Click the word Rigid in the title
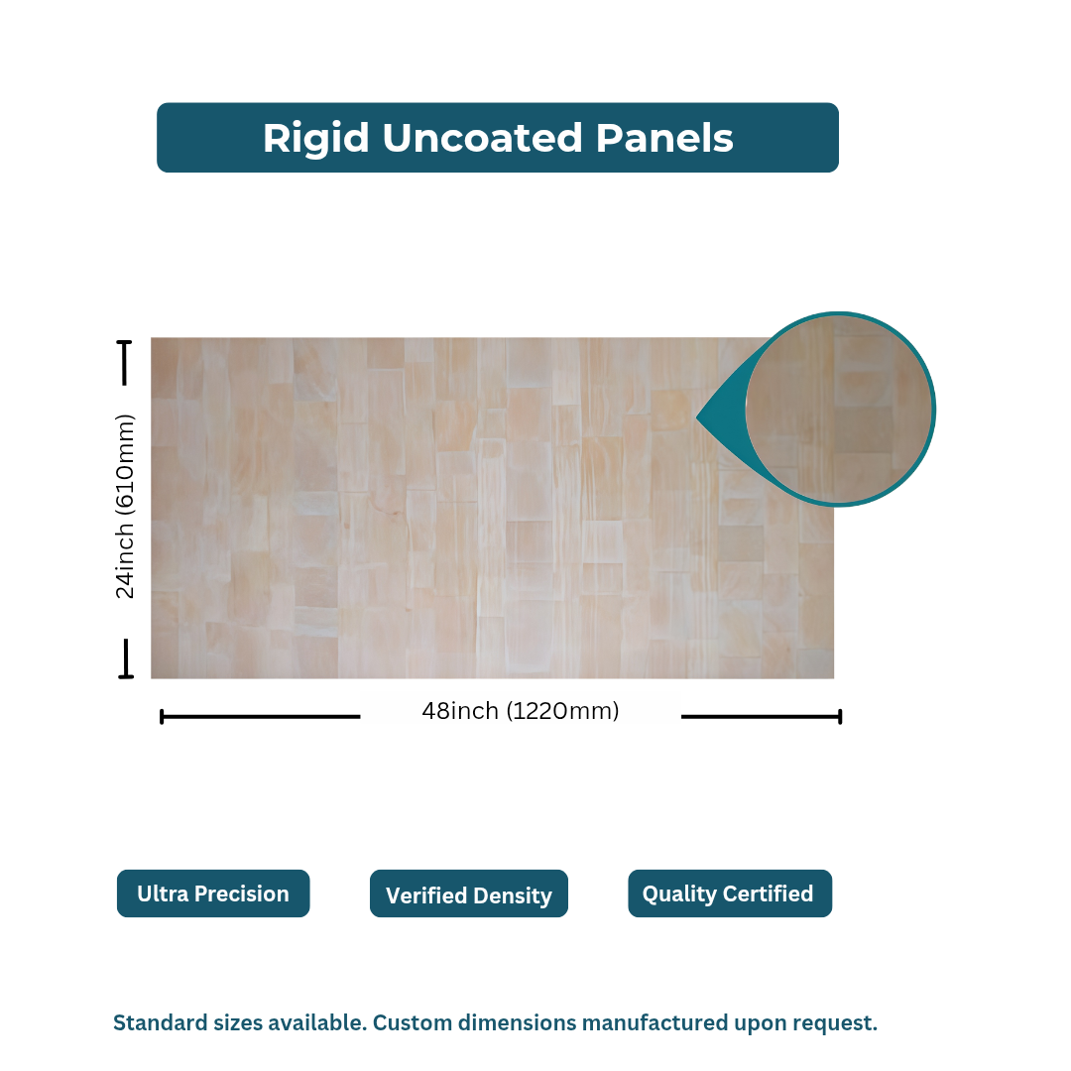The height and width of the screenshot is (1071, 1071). click(x=315, y=139)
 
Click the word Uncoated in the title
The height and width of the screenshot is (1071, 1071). click(x=482, y=139)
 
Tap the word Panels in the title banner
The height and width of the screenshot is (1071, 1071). click(x=663, y=139)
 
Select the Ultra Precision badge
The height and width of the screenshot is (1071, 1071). click(x=213, y=893)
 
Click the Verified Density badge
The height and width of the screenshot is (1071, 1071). click(x=468, y=894)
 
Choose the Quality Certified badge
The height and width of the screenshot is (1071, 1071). click(x=729, y=893)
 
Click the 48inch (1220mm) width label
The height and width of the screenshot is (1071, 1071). click(x=520, y=711)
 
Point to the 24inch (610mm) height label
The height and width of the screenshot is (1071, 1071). click(x=125, y=506)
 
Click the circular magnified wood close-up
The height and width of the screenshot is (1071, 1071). click(x=841, y=409)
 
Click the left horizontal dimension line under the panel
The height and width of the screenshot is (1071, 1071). click(x=260, y=716)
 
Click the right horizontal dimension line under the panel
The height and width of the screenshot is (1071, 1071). click(x=761, y=716)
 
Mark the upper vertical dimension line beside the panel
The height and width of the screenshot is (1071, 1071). click(x=125, y=363)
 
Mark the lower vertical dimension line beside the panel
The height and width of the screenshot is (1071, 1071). click(x=126, y=658)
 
